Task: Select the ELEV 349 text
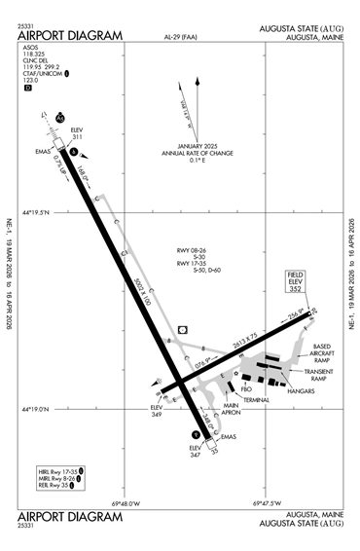click(x=156, y=411)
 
